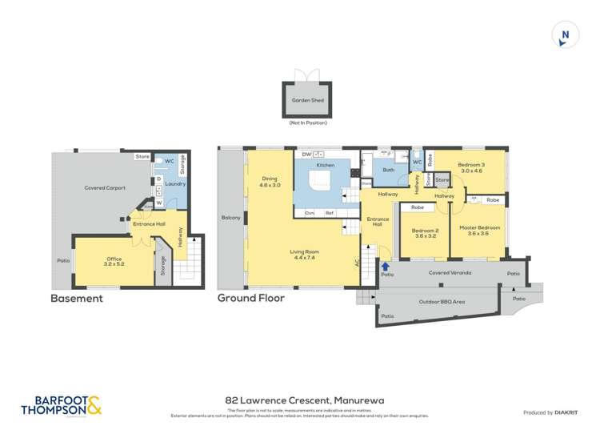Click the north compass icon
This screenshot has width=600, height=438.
click(x=565, y=34)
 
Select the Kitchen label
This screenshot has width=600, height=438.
click(x=325, y=165)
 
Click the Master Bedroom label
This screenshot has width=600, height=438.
click(x=480, y=231)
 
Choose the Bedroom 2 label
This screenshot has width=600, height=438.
click(x=424, y=233)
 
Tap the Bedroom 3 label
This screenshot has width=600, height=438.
click(x=470, y=167)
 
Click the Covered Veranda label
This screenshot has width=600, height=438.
click(x=450, y=273)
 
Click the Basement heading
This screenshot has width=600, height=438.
click(x=77, y=299)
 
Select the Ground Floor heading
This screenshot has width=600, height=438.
click(x=251, y=299)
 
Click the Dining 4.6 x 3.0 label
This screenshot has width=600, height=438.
click(x=269, y=182)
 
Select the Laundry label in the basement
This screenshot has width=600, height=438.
click(x=174, y=183)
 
